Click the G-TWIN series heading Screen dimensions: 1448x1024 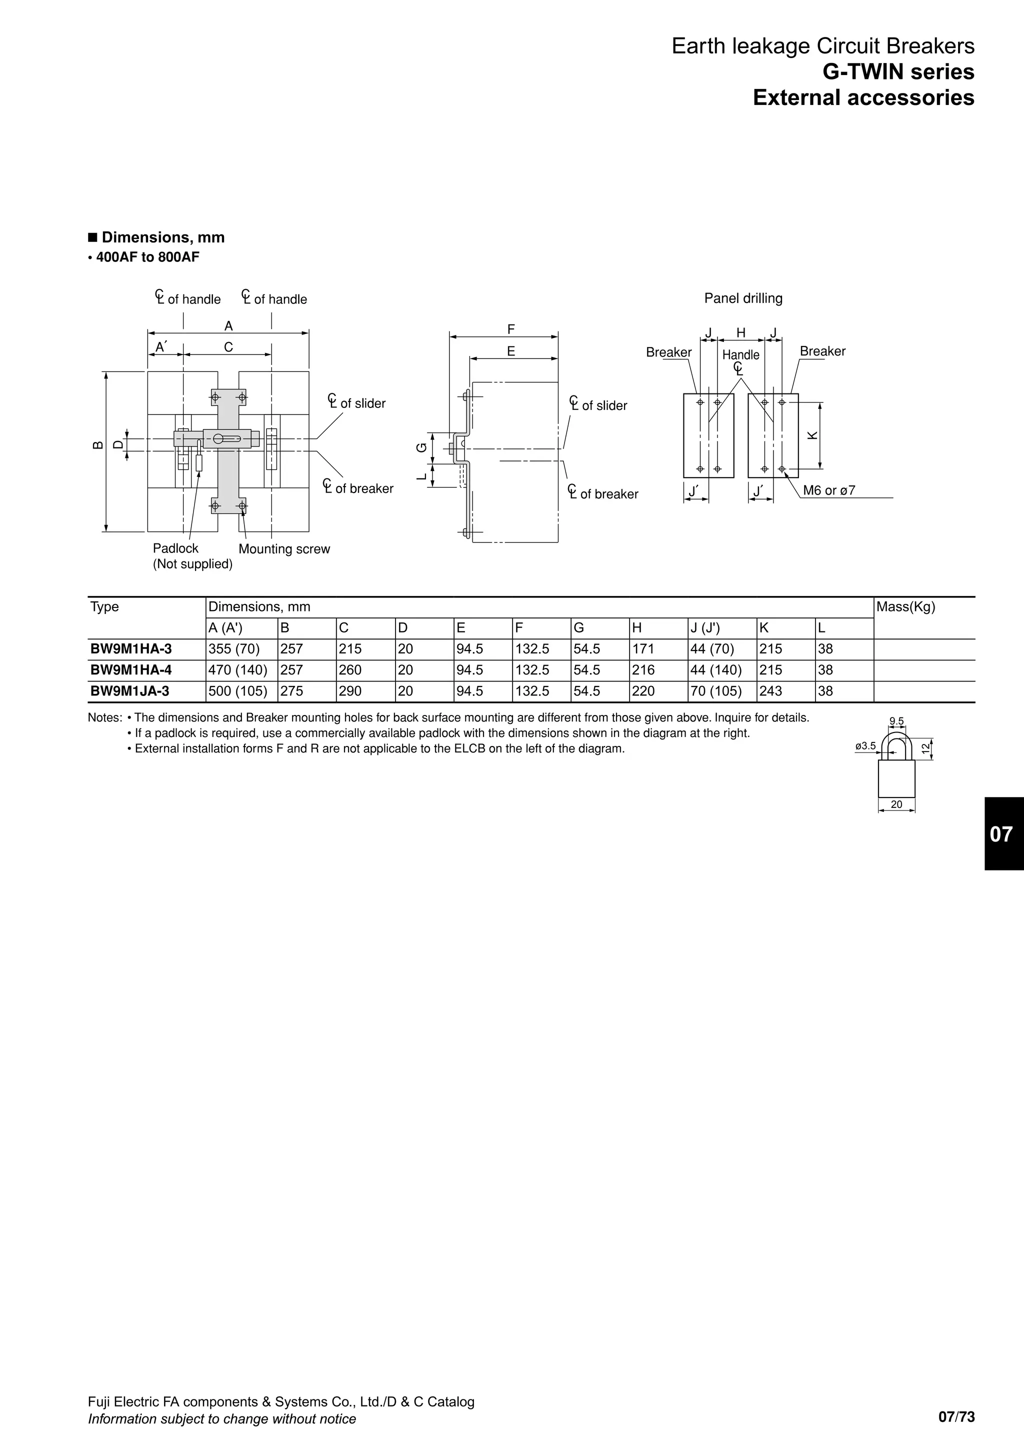pyautogui.click(x=898, y=72)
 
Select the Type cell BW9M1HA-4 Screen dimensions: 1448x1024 pyautogui.click(x=131, y=670)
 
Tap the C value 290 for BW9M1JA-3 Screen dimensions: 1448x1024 pyautogui.click(x=350, y=691)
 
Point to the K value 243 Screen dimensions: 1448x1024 pyautogui.click(x=770, y=691)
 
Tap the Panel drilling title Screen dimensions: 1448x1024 pyautogui.click(x=743, y=298)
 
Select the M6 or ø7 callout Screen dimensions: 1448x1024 pyautogui.click(x=828, y=490)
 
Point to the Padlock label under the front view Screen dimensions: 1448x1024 pyautogui.click(x=175, y=548)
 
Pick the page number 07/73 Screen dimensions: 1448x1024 pyautogui.click(x=956, y=1417)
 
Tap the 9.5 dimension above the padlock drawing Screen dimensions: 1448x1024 pyautogui.click(x=896, y=721)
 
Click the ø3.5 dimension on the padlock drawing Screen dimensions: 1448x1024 pyautogui.click(x=865, y=746)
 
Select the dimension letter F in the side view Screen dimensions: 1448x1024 pyautogui.click(x=510, y=329)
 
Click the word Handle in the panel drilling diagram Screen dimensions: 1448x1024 pyautogui.click(x=740, y=355)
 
